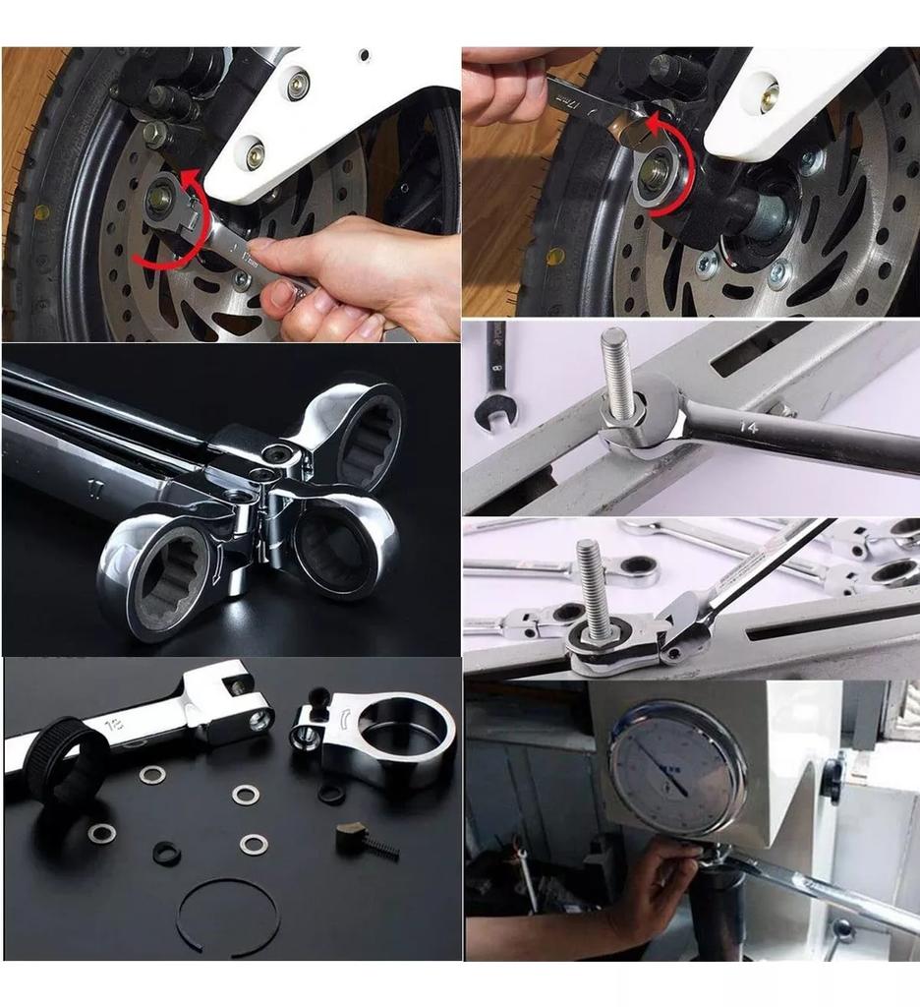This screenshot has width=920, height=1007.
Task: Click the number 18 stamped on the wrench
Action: point(118,724)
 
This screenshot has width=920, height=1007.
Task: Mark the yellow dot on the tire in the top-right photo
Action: point(555,257)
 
